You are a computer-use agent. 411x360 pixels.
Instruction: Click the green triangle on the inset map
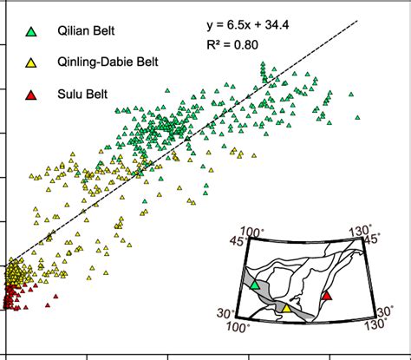tap(254, 284)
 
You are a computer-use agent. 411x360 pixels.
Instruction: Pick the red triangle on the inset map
tap(326, 297)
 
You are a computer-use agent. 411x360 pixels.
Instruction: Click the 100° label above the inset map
tap(252, 232)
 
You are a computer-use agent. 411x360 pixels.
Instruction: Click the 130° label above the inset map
tap(358, 231)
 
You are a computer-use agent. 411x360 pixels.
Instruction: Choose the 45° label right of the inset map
tap(372, 239)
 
